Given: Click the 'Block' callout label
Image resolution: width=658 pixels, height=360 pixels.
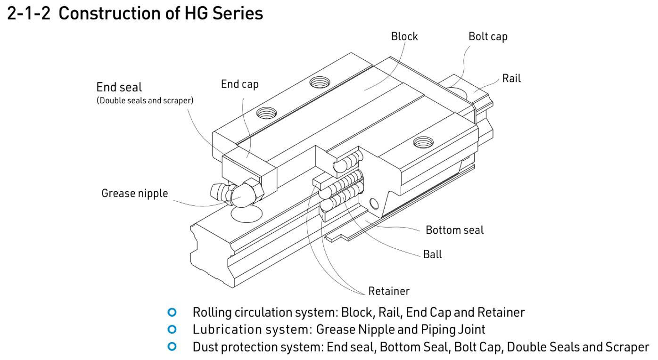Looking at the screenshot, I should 404,36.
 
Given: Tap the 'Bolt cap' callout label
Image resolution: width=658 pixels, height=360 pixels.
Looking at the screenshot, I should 487,36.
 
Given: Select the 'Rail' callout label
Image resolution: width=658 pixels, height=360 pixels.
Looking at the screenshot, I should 511,78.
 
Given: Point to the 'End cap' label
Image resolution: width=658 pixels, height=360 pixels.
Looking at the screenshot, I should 239,84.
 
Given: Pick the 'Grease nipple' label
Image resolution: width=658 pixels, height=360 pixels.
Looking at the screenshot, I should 134,193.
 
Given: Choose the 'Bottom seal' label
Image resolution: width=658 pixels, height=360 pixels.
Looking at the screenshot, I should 454,230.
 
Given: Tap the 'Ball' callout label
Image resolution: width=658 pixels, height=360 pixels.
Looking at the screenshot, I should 432,254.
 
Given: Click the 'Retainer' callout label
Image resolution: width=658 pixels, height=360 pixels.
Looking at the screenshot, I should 389,291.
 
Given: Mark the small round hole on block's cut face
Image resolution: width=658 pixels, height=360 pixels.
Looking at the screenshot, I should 374,204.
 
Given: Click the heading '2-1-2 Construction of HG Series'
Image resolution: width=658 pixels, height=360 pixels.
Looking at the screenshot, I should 135,13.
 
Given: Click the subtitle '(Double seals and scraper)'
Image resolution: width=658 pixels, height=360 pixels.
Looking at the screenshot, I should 145,100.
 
